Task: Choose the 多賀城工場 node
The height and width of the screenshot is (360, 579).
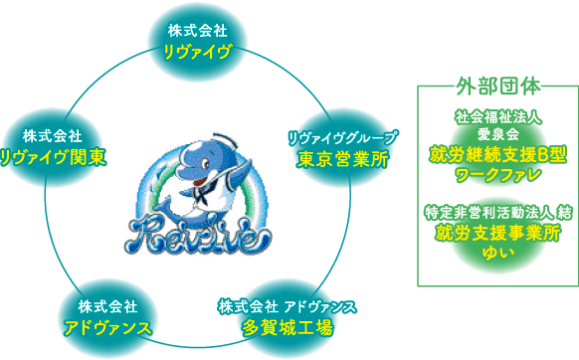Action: [x=288, y=315]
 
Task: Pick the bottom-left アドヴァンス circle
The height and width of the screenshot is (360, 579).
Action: [x=107, y=317]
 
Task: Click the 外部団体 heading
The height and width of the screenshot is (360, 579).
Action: [x=497, y=86]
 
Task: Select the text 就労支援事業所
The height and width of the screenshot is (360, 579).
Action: [x=497, y=232]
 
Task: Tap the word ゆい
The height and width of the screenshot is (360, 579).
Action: [x=496, y=252]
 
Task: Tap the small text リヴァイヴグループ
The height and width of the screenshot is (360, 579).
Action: [x=342, y=136]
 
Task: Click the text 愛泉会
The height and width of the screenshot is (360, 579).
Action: [x=498, y=133]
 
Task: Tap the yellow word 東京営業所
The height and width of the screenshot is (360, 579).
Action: [x=342, y=157]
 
